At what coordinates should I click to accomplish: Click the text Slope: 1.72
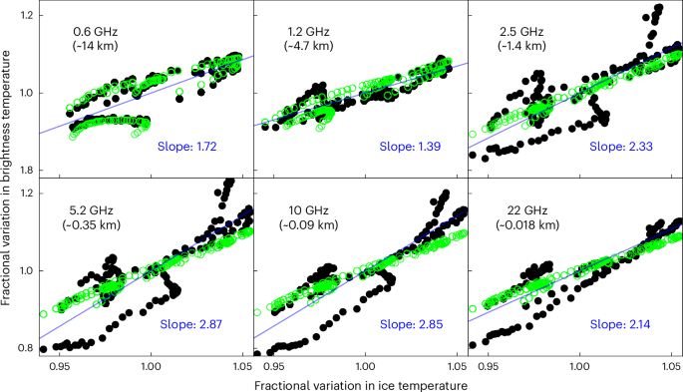(x=187, y=148)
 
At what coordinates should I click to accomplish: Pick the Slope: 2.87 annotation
(x=187, y=325)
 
